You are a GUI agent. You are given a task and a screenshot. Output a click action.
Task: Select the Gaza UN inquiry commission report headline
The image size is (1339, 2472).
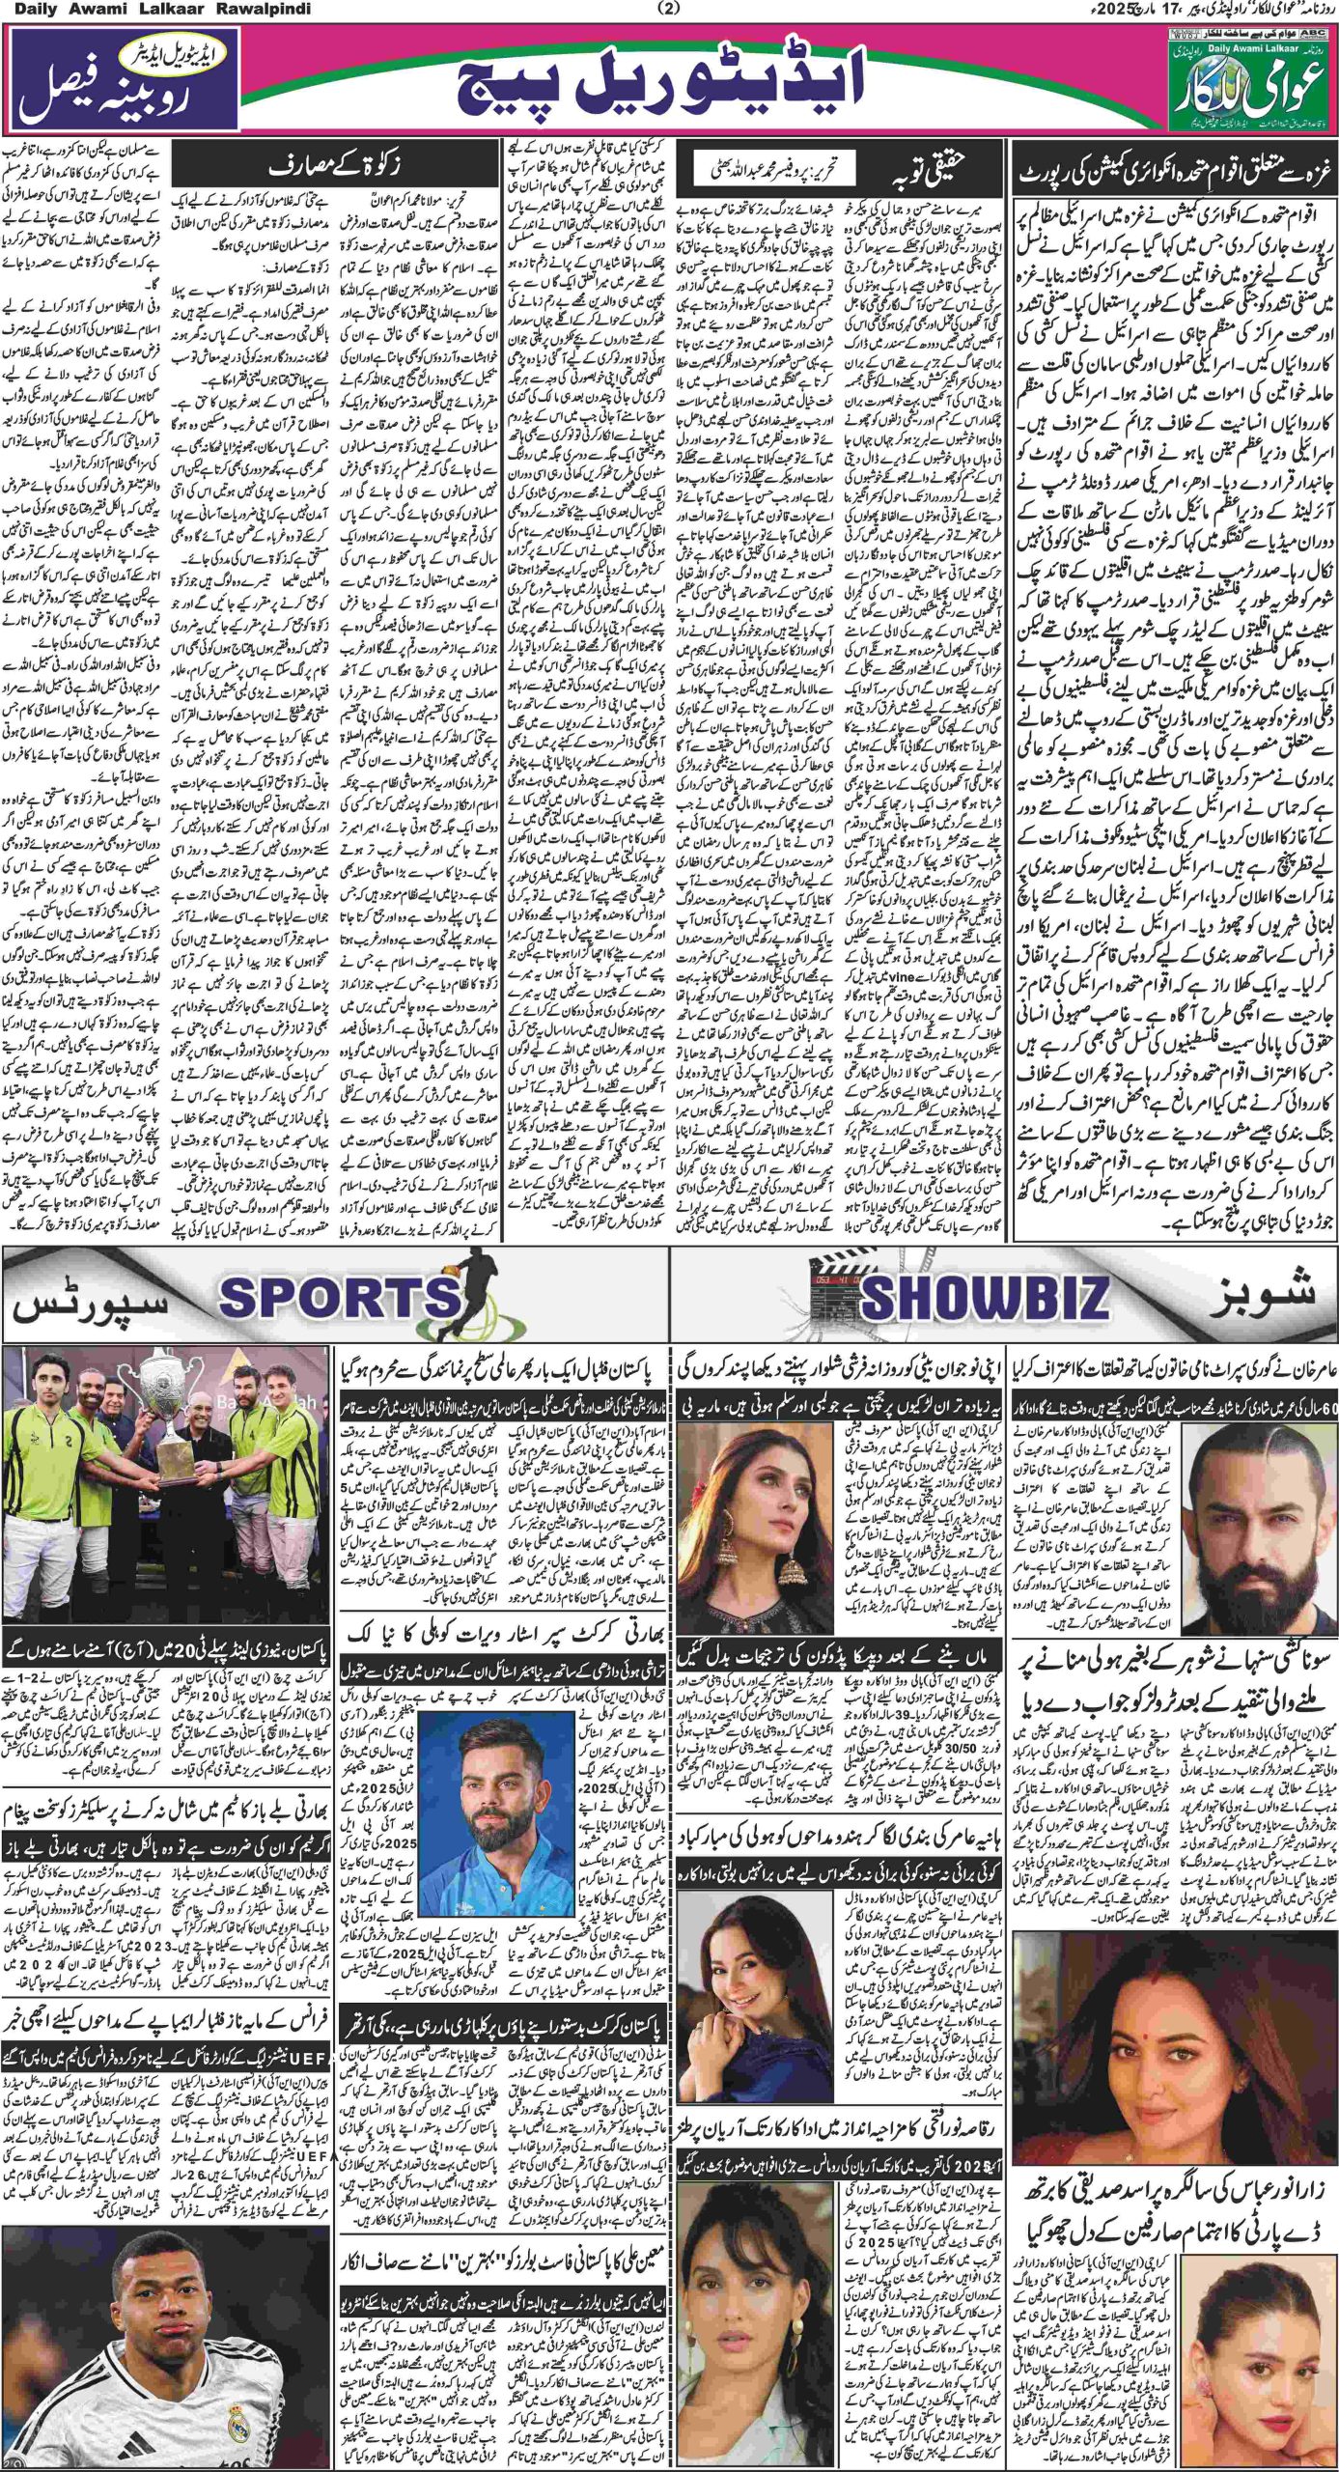pyautogui.click(x=1170, y=179)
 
